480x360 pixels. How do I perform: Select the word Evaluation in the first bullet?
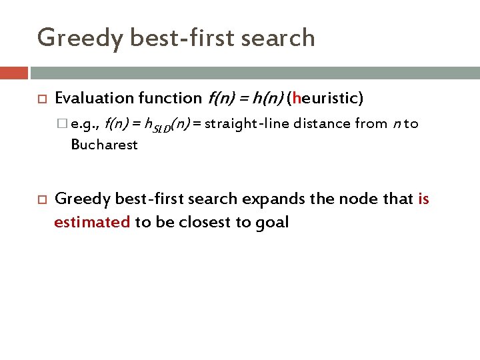click(x=94, y=99)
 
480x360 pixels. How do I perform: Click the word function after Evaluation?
click(x=169, y=99)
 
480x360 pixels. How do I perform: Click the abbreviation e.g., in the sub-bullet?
click(x=85, y=123)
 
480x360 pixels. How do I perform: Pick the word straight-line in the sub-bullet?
click(x=245, y=123)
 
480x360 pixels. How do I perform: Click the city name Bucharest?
click(x=104, y=144)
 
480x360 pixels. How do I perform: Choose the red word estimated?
click(x=92, y=222)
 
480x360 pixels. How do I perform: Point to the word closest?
click(x=203, y=222)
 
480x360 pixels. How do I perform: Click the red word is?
click(x=423, y=199)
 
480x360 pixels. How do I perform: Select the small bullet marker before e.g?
click(x=63, y=123)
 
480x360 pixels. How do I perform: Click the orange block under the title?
click(x=14, y=73)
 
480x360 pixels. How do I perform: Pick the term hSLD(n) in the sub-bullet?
click(x=168, y=124)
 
